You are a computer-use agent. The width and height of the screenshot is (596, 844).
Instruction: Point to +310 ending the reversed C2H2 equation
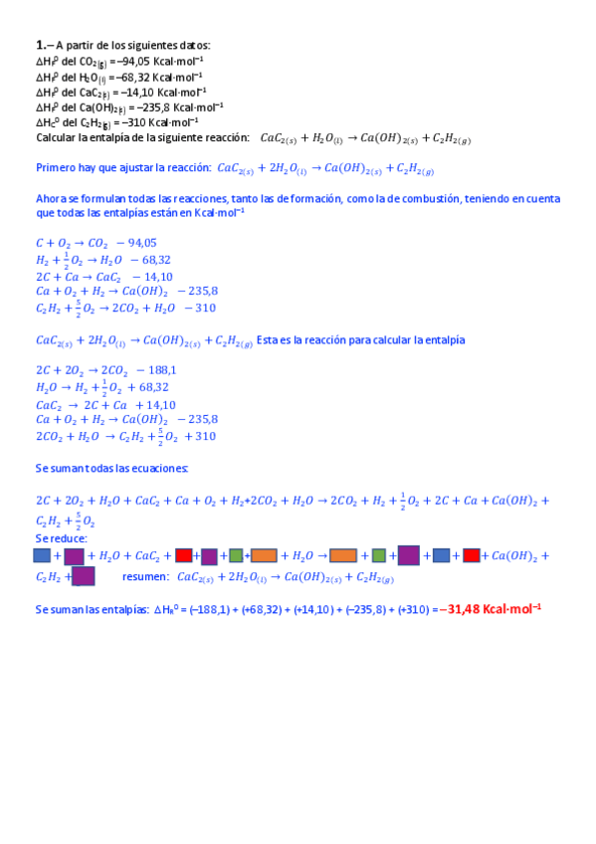coord(199,436)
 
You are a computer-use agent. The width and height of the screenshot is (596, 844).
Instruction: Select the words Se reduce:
coord(61,538)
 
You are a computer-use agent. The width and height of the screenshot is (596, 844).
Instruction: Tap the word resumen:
coord(144,576)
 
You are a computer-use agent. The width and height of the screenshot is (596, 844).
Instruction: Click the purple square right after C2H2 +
coord(84,576)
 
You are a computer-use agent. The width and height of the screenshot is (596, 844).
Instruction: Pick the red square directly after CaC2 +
coord(183,555)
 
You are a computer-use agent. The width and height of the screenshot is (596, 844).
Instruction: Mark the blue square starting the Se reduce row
coord(42,555)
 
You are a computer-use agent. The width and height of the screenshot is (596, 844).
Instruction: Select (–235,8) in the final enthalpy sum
coord(365,609)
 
